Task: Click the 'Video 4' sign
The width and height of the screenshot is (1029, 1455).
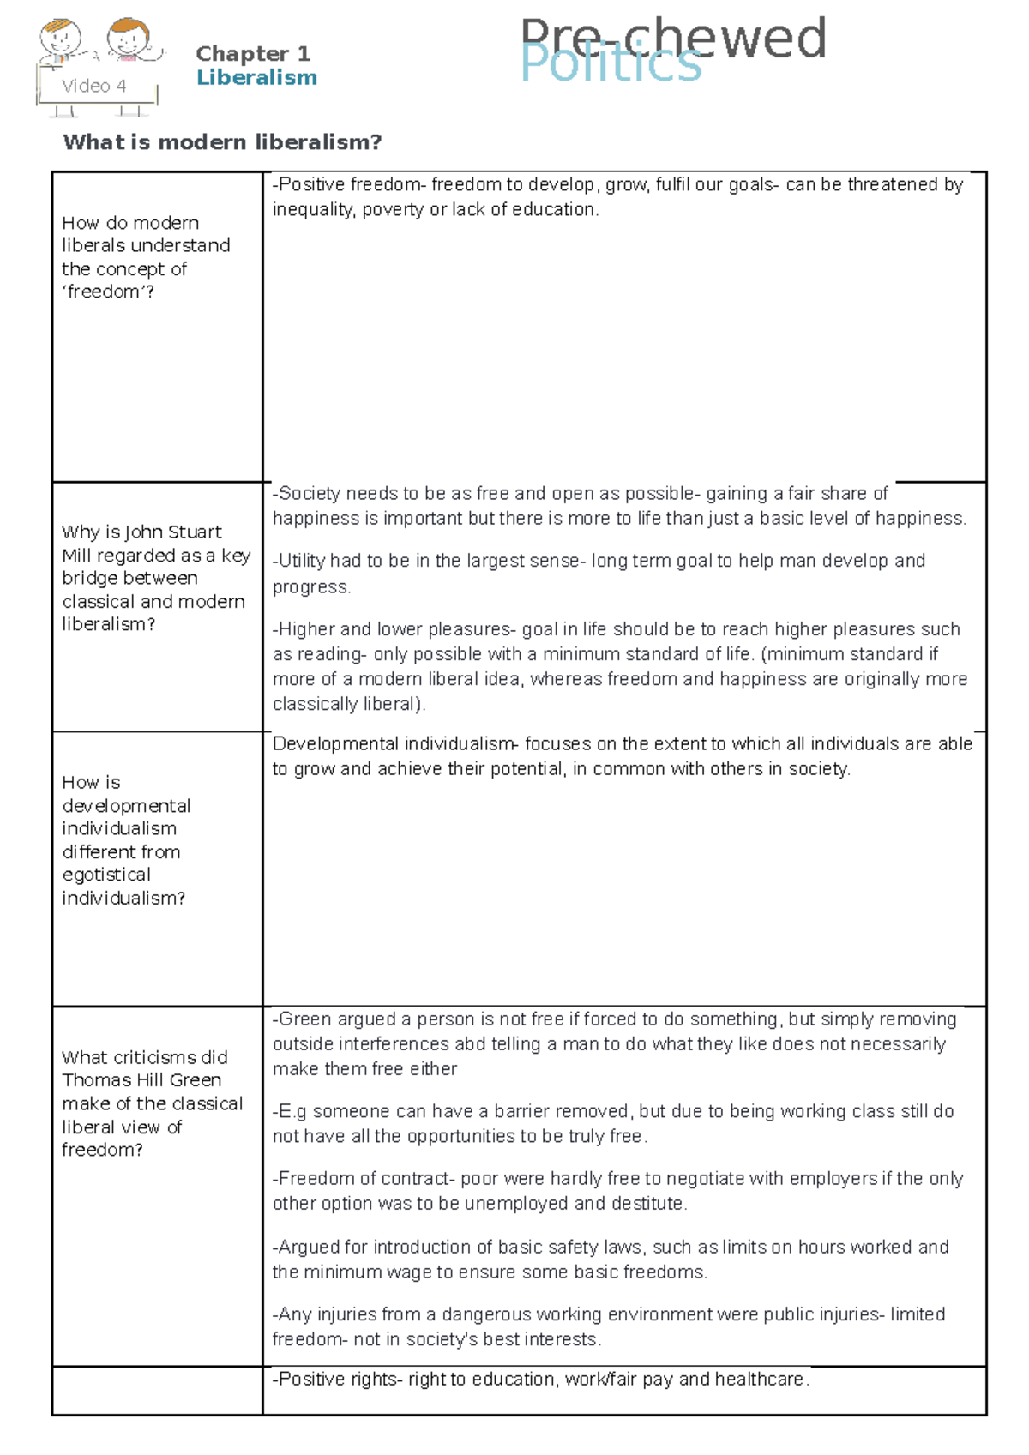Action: (94, 86)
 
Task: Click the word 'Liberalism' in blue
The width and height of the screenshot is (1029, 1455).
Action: (256, 78)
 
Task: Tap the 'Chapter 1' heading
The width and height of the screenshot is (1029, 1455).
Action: (252, 53)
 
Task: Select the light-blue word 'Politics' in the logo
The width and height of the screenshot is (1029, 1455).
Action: (611, 64)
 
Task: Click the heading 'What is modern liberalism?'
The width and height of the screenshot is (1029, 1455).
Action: (222, 142)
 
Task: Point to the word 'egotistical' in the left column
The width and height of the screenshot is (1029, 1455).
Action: (106, 875)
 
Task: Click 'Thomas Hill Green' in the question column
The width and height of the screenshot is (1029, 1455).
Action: (141, 1080)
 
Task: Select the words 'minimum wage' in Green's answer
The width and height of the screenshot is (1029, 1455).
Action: (377, 1272)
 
